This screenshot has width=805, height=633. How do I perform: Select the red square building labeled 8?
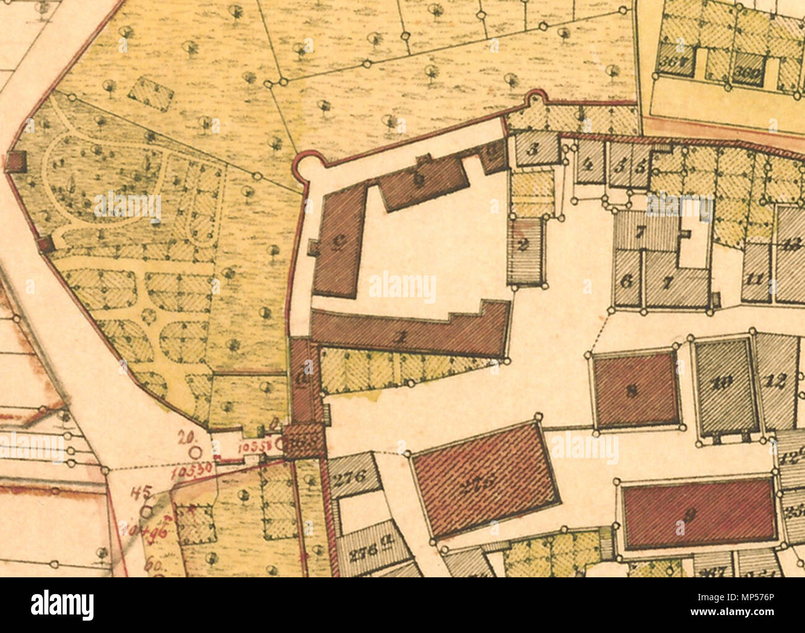tap(635, 389)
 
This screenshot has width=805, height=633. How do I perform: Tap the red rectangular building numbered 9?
tap(698, 514)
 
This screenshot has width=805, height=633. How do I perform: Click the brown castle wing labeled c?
tap(338, 243)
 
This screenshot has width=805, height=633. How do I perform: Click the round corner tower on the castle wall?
tap(306, 166)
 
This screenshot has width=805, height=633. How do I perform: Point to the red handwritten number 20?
tap(184, 436)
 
